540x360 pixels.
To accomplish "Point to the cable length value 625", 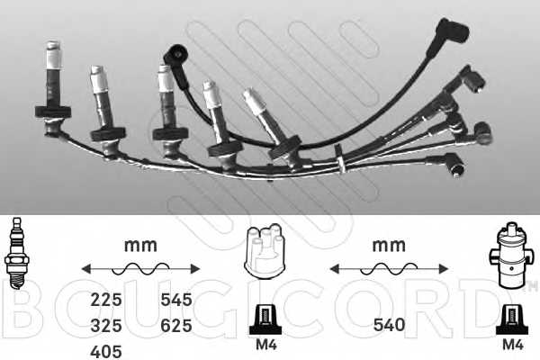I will click(x=175, y=325).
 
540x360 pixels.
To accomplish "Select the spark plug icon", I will click(x=16, y=255).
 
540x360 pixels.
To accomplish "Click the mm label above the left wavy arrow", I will click(x=139, y=245).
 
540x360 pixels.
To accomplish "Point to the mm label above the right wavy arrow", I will click(x=390, y=245).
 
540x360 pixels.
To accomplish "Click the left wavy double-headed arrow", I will click(x=140, y=268).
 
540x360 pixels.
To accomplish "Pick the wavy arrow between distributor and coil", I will click(x=390, y=268).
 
